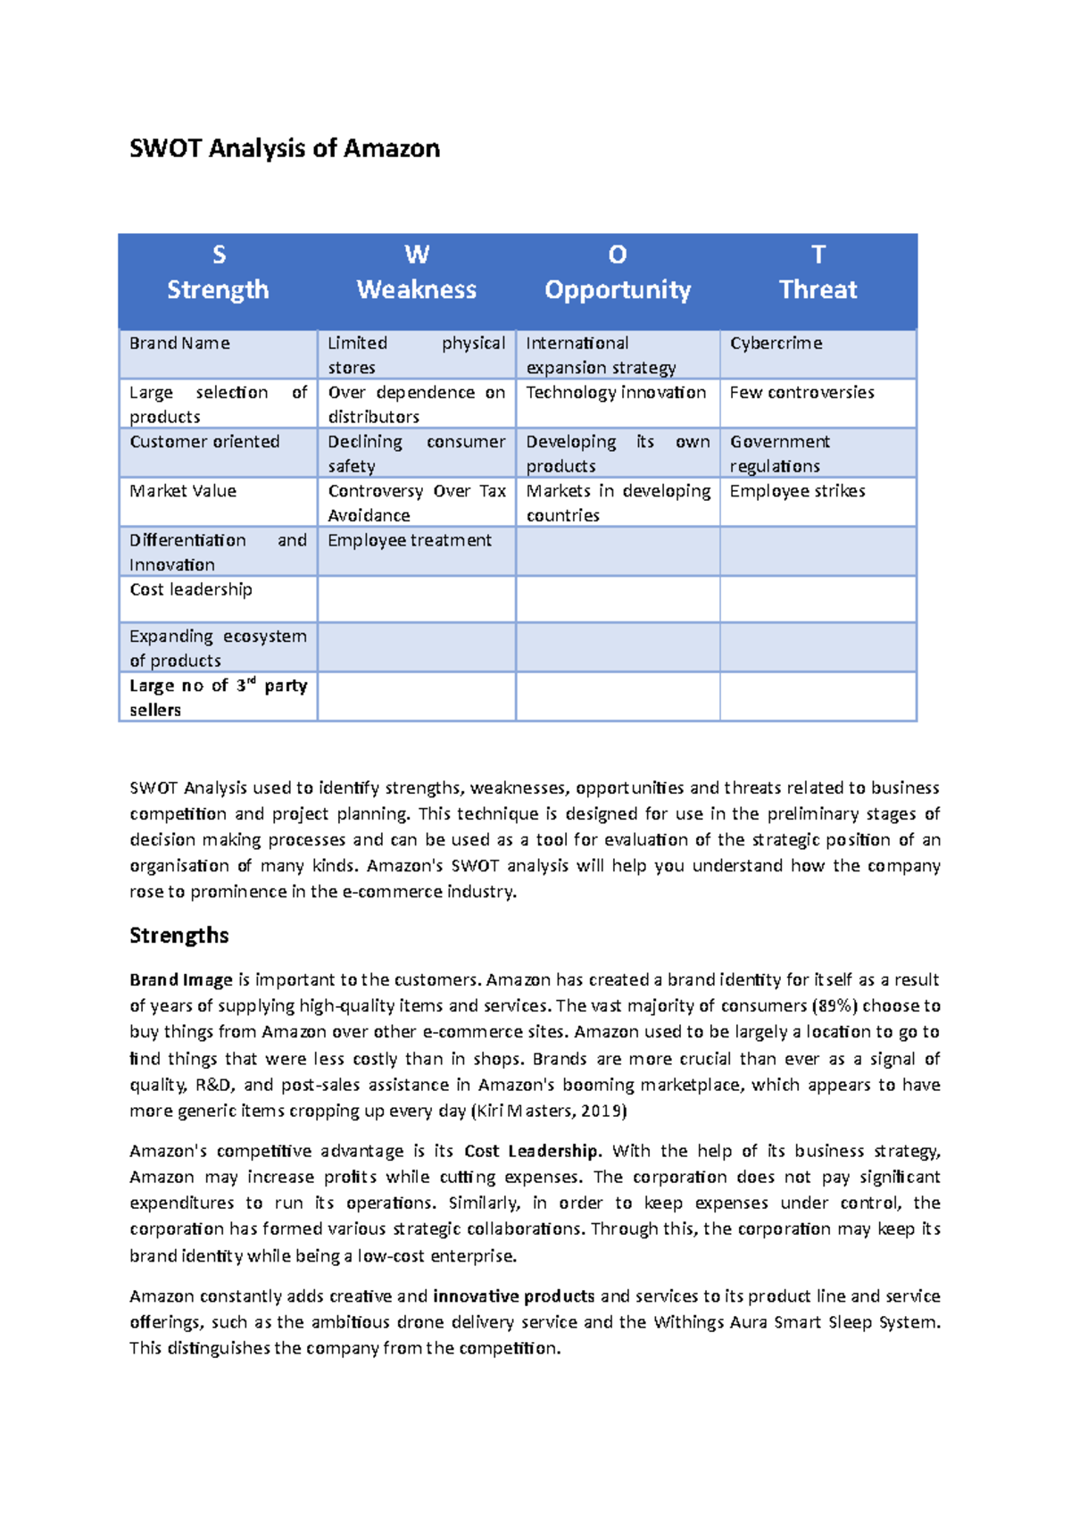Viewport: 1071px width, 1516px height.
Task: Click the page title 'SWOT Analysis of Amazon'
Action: (285, 148)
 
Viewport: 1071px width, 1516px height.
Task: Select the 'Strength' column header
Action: (218, 289)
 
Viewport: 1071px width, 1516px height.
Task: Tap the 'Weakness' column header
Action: (417, 289)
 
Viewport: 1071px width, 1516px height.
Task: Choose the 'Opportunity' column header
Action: (618, 289)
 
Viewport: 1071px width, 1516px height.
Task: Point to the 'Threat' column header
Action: (818, 289)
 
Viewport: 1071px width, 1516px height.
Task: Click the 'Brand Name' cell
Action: (179, 344)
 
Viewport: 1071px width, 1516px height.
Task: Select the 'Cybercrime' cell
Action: (776, 344)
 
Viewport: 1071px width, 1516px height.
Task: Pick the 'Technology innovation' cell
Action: (616, 393)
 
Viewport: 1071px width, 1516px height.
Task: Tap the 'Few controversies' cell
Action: (801, 393)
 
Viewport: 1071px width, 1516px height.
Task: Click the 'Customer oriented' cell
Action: (204, 442)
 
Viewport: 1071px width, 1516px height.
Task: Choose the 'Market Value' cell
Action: (183, 491)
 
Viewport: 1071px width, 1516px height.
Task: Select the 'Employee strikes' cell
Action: (797, 491)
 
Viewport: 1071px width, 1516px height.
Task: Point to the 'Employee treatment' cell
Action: (410, 540)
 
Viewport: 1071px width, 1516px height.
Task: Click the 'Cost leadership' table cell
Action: (191, 589)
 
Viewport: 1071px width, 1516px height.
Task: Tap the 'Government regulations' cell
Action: (780, 454)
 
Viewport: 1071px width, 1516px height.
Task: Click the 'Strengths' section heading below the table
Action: (179, 936)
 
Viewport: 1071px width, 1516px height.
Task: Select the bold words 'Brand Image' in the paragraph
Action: (181, 979)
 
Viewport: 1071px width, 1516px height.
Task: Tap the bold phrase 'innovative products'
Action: (514, 1295)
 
